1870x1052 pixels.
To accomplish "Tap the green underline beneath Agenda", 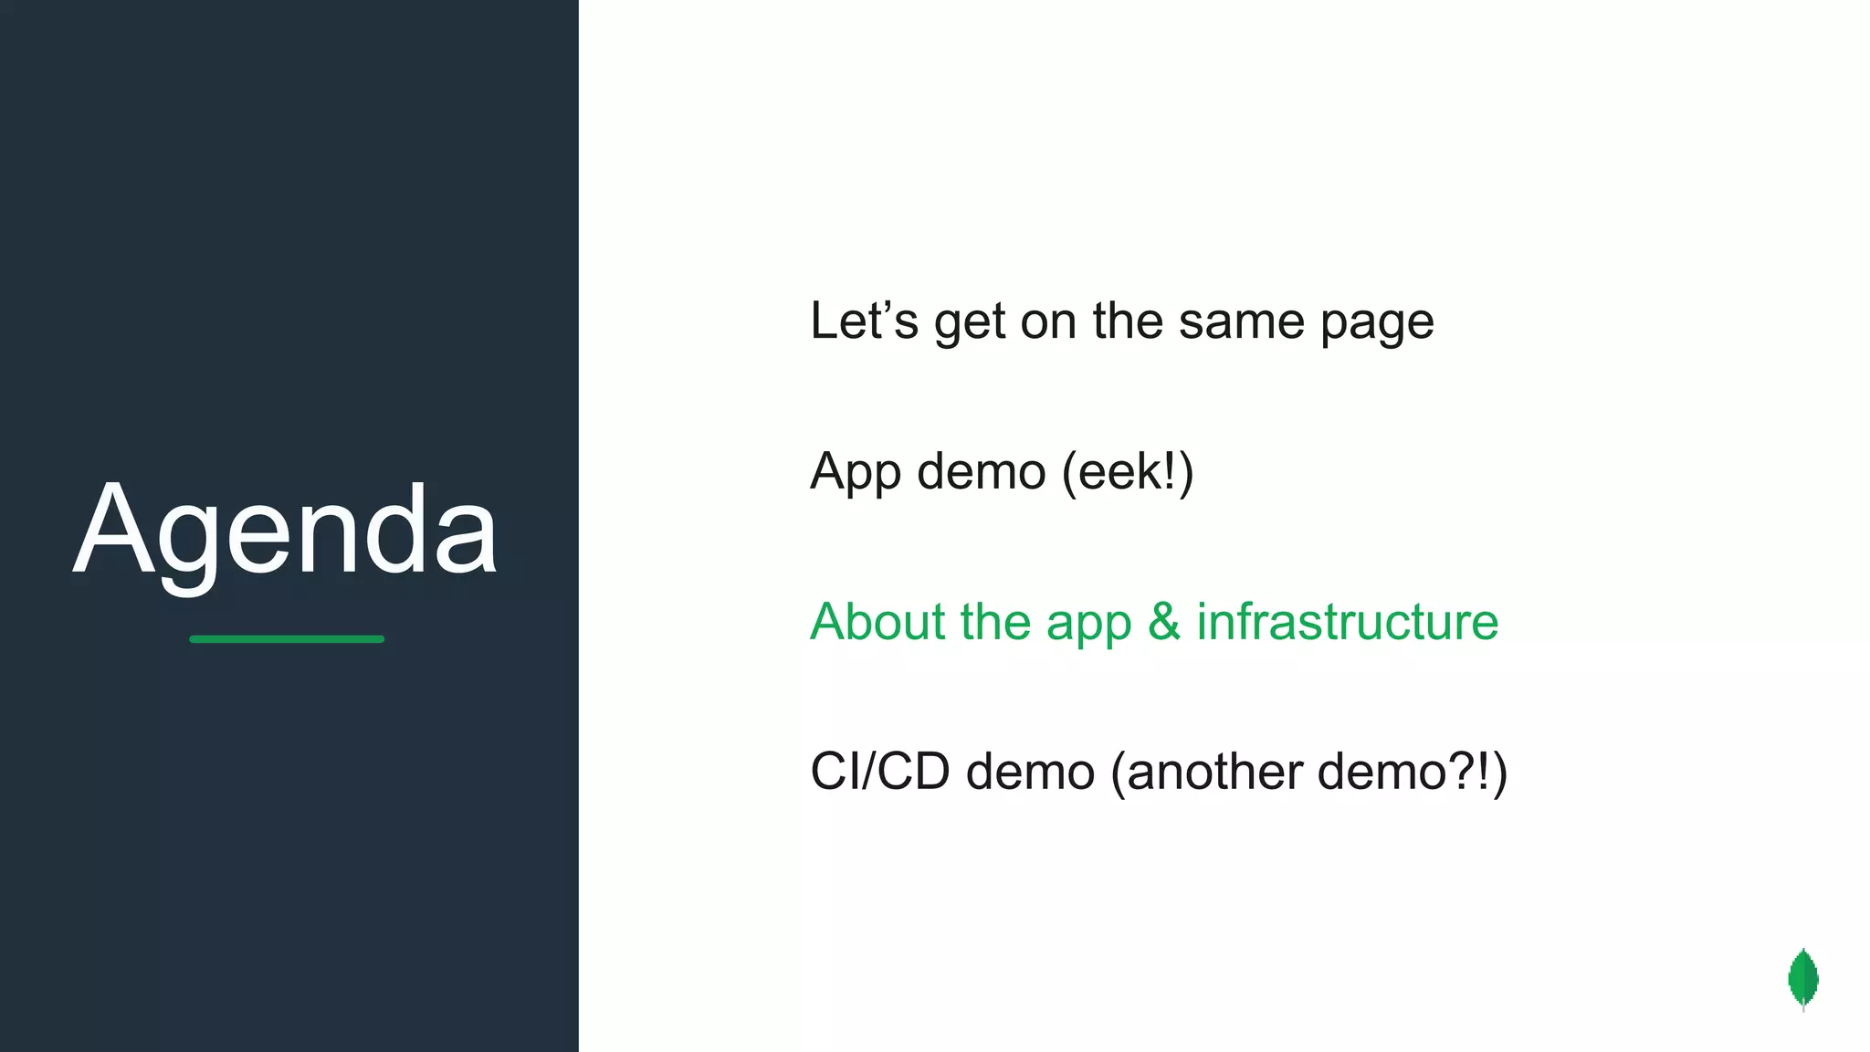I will pos(287,639).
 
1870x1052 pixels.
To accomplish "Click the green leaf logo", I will pos(1803,979).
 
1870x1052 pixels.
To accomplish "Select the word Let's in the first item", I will pos(864,321).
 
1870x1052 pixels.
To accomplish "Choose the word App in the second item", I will pos(855,473).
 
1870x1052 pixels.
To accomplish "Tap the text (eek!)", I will pos(1128,472).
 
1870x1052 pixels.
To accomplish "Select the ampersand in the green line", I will pos(1164,622).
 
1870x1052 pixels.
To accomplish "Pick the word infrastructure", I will pos(1348,622).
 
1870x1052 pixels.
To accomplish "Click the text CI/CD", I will pos(880,772).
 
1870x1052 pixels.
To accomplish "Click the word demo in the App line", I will pos(981,472).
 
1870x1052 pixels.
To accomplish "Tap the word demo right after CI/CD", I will pos(1030,772).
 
